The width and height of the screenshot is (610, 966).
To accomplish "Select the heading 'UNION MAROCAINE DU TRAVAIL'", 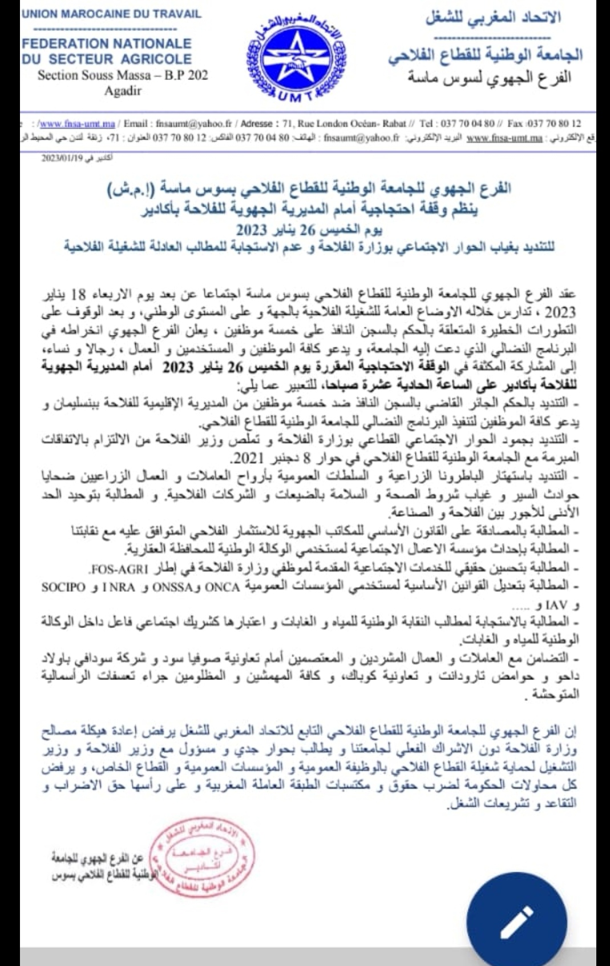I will pyautogui.click(x=112, y=13).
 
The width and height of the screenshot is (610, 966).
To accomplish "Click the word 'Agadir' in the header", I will pyautogui.click(x=123, y=90).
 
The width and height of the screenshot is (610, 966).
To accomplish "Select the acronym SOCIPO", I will pyautogui.click(x=63, y=587).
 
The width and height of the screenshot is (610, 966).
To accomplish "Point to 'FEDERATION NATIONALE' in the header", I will pyautogui.click(x=107, y=43).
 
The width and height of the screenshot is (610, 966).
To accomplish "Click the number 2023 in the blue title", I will pyautogui.click(x=252, y=230).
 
